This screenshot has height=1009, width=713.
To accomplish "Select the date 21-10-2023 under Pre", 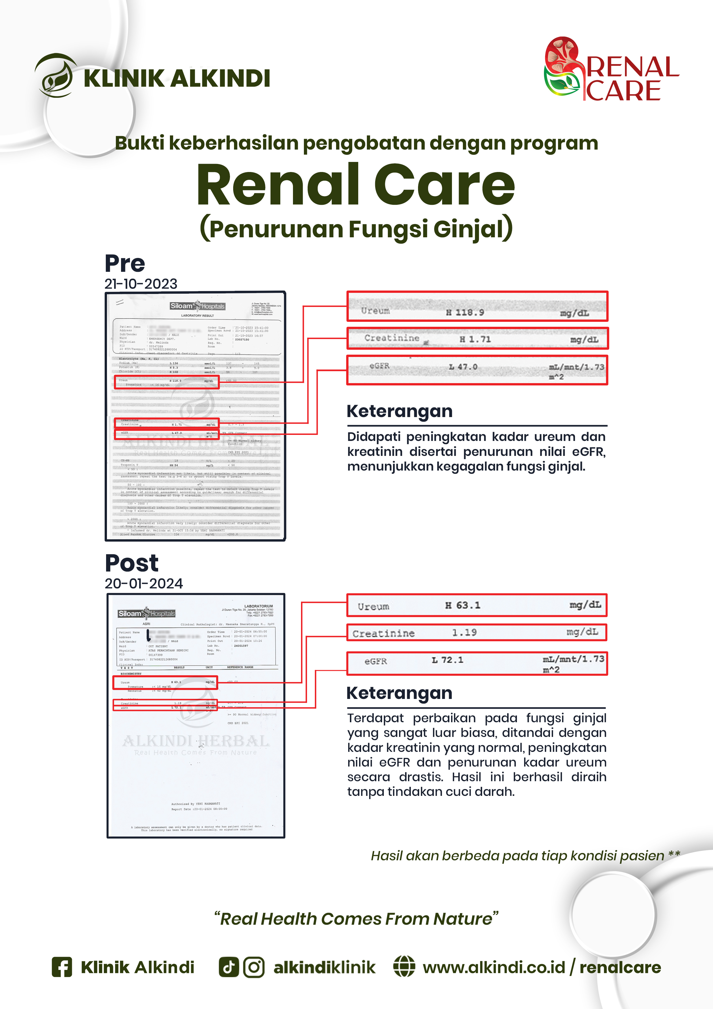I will click(141, 284).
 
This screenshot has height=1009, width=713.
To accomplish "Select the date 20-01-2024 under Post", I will click(144, 584).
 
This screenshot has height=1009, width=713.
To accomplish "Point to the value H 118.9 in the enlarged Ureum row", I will click(465, 312).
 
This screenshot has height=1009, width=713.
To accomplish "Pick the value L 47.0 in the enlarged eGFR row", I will click(463, 366).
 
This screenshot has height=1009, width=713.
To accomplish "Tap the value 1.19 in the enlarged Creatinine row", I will click(464, 632).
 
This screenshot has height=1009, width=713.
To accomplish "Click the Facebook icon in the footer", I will click(62, 967).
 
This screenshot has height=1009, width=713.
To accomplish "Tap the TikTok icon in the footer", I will click(229, 967).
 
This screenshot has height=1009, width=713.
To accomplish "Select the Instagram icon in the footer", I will click(254, 967).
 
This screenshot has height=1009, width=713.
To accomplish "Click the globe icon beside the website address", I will click(404, 967).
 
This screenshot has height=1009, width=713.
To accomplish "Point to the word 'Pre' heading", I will click(125, 264).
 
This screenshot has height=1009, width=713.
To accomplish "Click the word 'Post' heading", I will click(131, 563).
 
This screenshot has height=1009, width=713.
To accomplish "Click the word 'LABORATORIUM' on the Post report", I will click(258, 606).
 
